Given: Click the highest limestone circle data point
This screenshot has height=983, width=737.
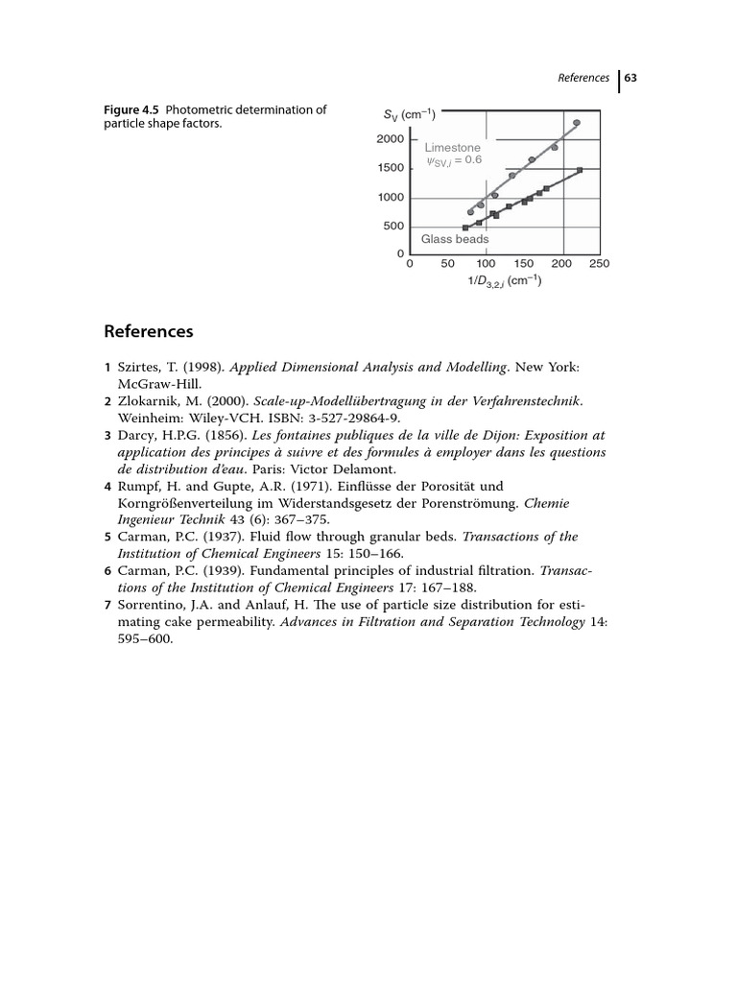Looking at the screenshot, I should pos(577,123).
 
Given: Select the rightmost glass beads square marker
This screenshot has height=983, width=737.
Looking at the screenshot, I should pos(580,170).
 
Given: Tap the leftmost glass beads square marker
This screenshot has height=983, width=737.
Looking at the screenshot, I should pos(465,228).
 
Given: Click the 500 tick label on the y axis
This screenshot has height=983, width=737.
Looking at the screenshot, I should pos(394,227).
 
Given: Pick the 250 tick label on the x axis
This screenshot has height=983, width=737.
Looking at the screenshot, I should pos(600,264).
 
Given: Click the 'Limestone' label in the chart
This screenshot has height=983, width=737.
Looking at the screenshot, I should pos(452,148).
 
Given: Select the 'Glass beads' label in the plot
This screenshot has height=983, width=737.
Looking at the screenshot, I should pos(455,239).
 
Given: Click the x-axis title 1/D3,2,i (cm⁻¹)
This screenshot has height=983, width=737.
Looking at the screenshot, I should pos(504,281).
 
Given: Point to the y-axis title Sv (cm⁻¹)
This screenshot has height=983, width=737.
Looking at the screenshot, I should pos(410,116).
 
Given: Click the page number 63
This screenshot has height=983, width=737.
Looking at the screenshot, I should pos(631,78).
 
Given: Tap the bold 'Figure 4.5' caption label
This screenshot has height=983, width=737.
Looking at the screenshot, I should pos(132,109).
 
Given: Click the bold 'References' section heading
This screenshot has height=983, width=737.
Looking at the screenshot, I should pos(148,332).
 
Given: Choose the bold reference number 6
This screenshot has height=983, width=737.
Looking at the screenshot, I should pos(108,570).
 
